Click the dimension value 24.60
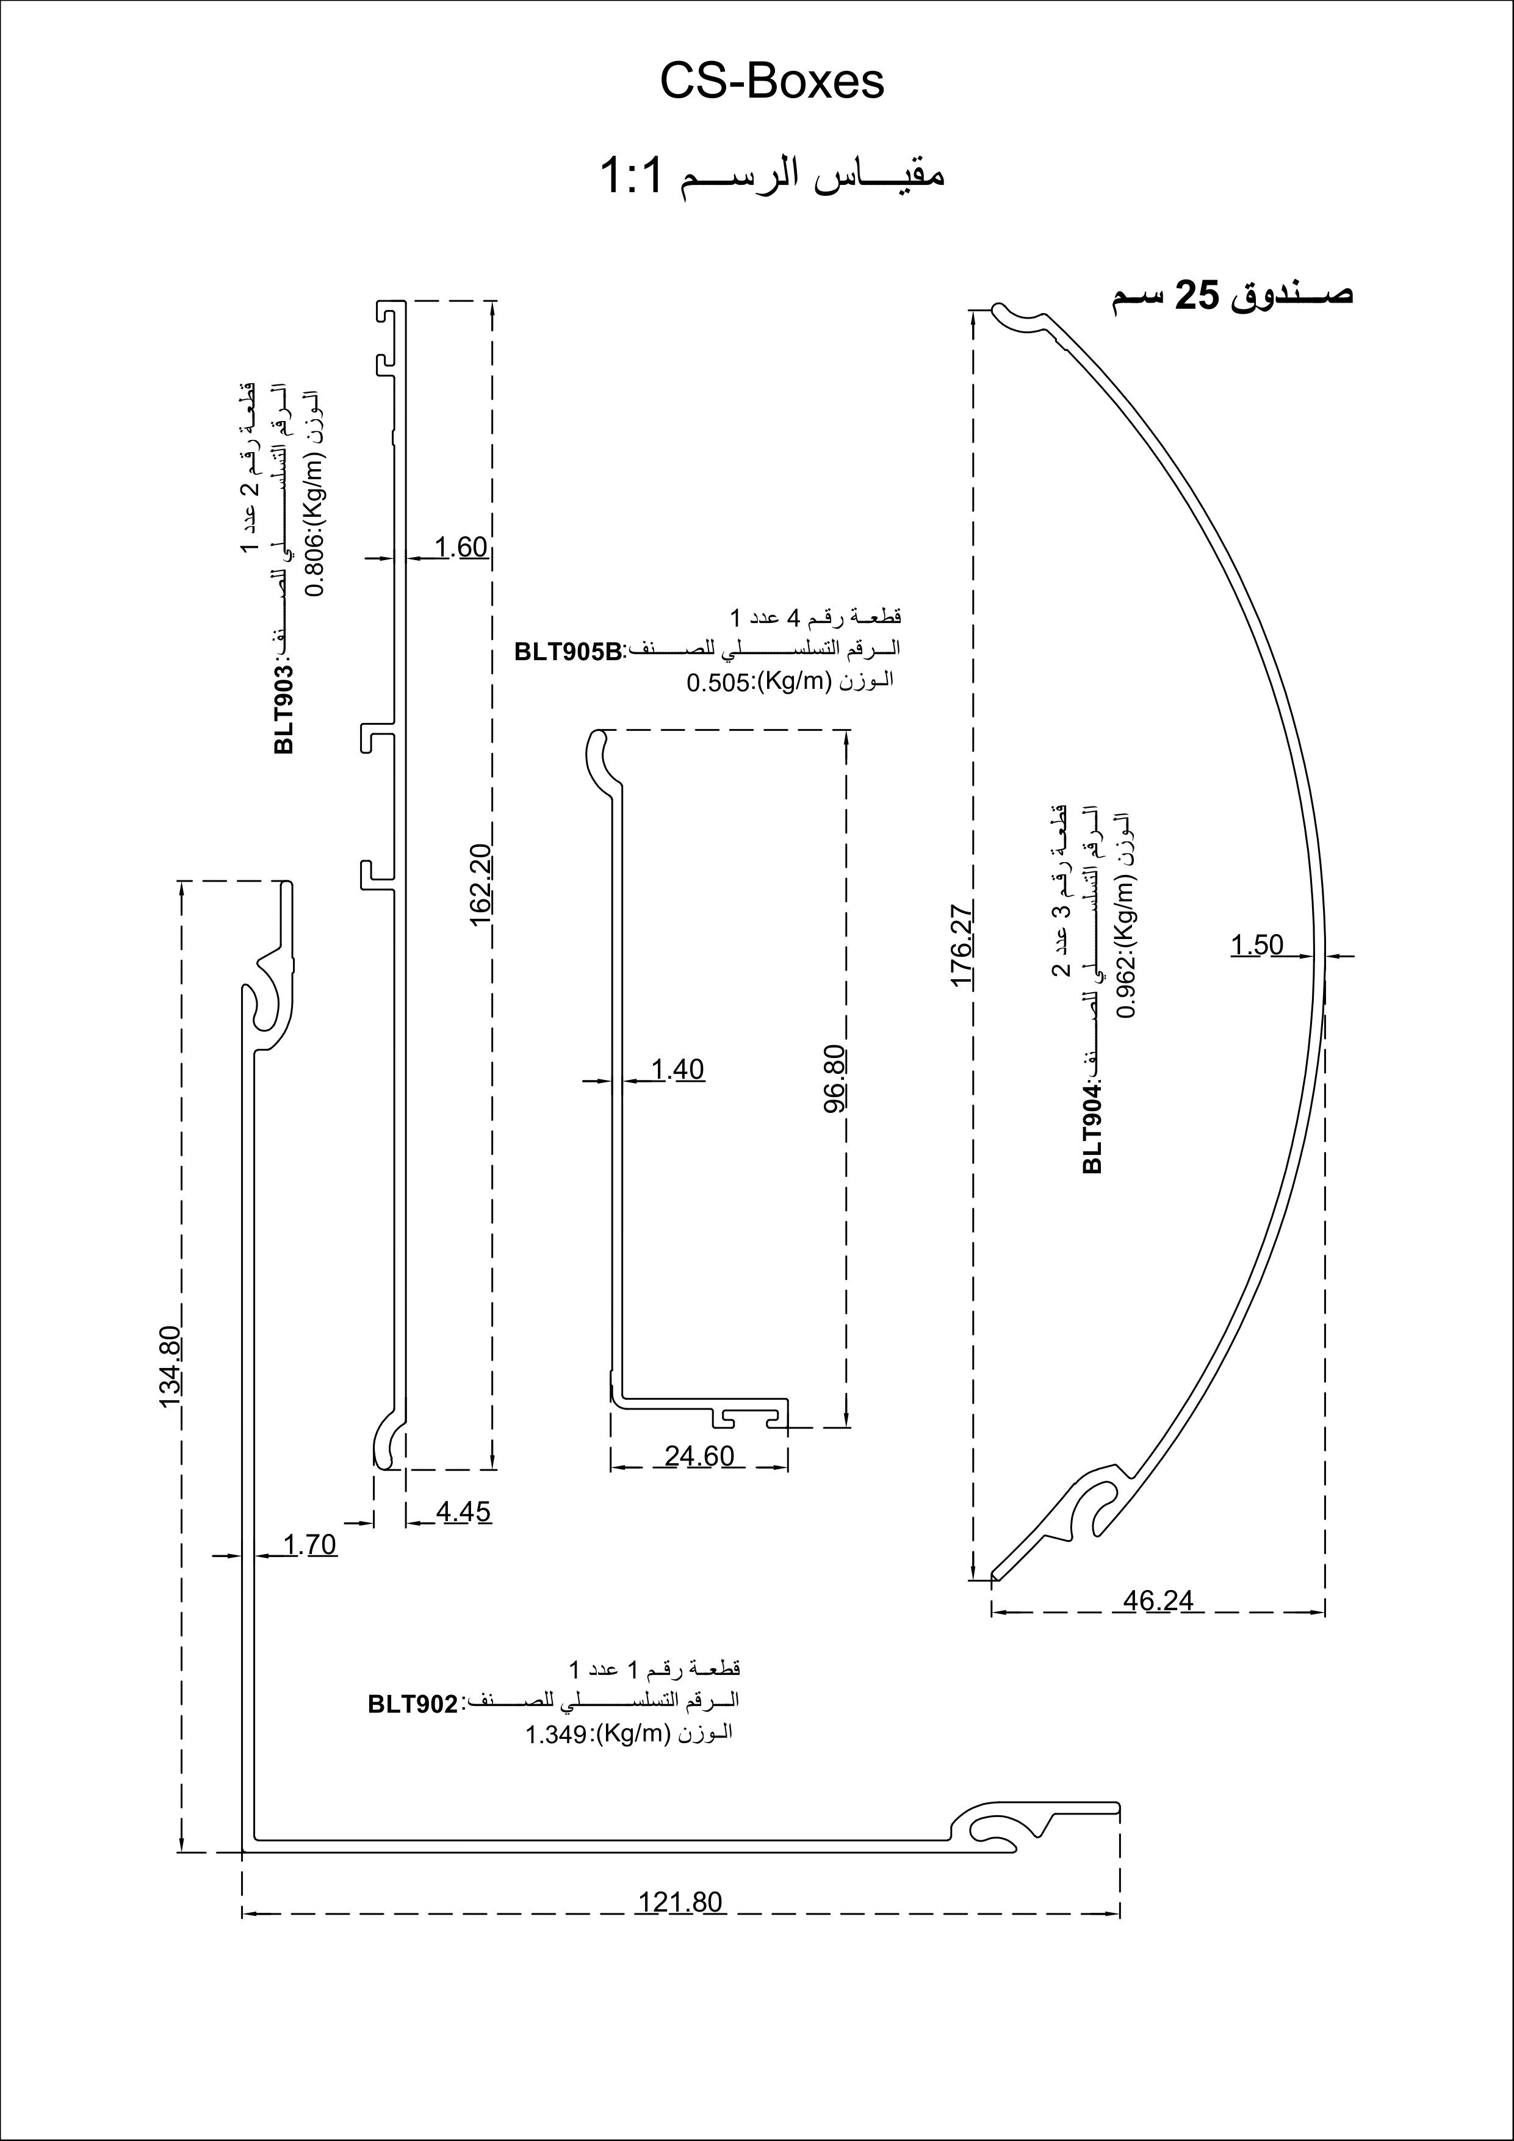tap(699, 1456)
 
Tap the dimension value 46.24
tap(1158, 1600)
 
